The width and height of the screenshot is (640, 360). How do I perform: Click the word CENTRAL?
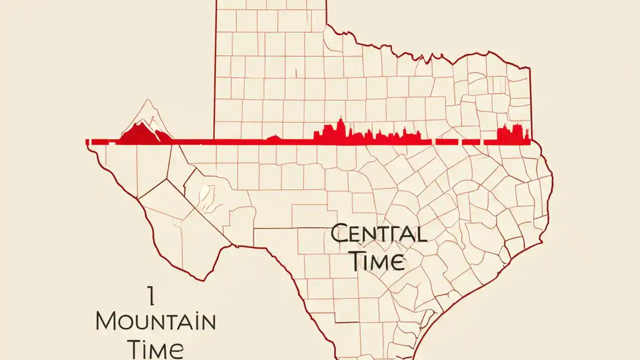(379, 234)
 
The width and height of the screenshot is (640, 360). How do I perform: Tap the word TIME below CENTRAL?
(376, 261)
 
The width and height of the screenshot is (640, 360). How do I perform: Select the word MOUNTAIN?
(155, 321)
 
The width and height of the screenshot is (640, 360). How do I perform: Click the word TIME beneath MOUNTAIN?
(155, 348)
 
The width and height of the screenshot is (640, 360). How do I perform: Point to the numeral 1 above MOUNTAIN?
(151, 296)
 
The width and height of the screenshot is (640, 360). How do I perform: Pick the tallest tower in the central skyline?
(340, 127)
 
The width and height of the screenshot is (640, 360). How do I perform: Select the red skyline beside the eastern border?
(512, 133)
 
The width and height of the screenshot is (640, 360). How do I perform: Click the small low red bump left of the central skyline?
(274, 137)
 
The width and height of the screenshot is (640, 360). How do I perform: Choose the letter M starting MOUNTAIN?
(106, 321)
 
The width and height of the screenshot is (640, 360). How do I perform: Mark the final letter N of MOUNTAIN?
(207, 321)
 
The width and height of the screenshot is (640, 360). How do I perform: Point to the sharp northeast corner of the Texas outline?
(530, 66)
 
